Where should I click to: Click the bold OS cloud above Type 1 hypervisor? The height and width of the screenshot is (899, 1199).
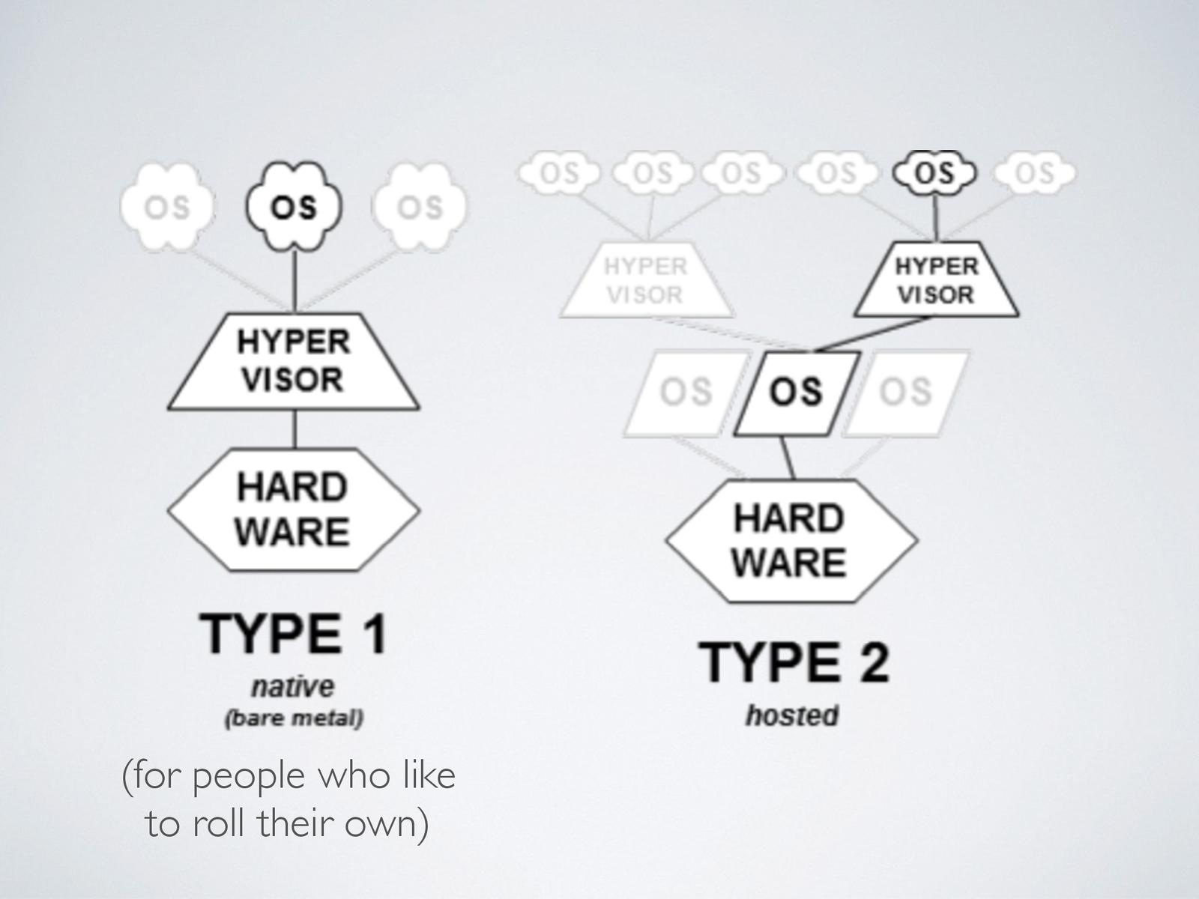pyautogui.click(x=294, y=207)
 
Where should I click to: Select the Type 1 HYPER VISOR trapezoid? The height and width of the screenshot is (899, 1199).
pyautogui.click(x=294, y=361)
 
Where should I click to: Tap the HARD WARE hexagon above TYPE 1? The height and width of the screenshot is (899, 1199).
pyautogui.click(x=294, y=509)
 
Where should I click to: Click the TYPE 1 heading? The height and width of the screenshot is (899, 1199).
pyautogui.click(x=294, y=634)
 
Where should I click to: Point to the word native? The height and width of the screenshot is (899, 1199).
pyautogui.click(x=293, y=686)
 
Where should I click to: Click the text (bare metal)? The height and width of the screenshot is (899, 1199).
pyautogui.click(x=294, y=718)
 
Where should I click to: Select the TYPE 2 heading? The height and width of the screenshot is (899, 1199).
pyautogui.click(x=794, y=662)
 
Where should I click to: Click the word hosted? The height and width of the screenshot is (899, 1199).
pyautogui.click(x=792, y=715)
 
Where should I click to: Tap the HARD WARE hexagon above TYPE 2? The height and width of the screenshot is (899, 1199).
pyautogui.click(x=791, y=541)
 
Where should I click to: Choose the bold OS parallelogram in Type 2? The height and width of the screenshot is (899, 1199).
pyautogui.click(x=796, y=393)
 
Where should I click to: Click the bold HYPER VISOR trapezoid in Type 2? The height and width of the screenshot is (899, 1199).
pyautogui.click(x=937, y=280)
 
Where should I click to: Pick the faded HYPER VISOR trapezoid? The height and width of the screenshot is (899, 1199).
pyautogui.click(x=646, y=280)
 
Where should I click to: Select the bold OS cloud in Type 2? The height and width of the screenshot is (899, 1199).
pyautogui.click(x=935, y=173)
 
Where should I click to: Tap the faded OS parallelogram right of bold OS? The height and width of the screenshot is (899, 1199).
pyautogui.click(x=905, y=393)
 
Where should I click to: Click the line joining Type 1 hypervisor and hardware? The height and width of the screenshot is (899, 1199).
pyautogui.click(x=295, y=429)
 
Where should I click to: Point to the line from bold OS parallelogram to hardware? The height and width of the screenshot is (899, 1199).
pyautogui.click(x=788, y=457)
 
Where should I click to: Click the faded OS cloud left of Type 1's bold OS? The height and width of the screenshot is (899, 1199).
pyautogui.click(x=166, y=207)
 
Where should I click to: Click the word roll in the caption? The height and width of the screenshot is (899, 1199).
pyautogui.click(x=220, y=824)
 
